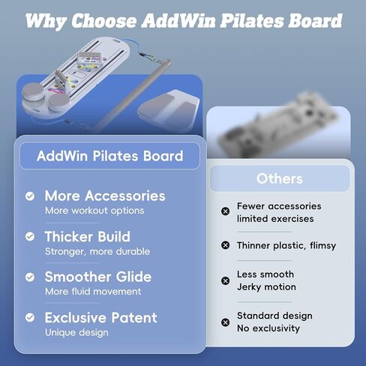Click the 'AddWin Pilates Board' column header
point(110,156)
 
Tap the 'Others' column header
point(279,178)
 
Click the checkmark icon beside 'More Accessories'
point(30,196)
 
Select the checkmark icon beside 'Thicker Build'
point(30,237)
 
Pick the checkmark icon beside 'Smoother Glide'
point(30,277)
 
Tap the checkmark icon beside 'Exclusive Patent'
point(30,318)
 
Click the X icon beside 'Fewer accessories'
point(225,211)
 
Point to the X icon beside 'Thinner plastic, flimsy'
point(225,245)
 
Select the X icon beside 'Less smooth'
point(225,280)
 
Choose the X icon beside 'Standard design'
point(225,322)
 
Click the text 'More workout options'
point(94,211)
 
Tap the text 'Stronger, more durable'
point(97,252)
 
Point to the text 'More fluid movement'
point(93,292)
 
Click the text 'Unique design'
point(76,332)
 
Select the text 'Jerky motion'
point(266,287)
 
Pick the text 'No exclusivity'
point(268,328)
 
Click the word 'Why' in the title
point(46,20)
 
